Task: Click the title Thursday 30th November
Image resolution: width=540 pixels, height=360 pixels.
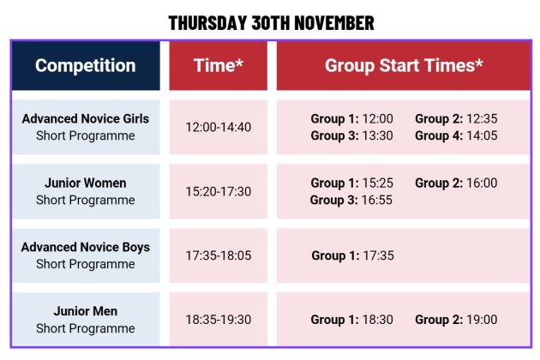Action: (x=271, y=23)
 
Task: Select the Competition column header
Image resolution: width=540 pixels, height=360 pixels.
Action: (x=86, y=66)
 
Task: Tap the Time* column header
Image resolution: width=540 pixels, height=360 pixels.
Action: (x=218, y=66)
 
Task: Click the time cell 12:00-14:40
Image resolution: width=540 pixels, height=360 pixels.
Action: (x=218, y=127)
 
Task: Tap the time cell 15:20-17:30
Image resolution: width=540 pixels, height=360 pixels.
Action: (x=218, y=191)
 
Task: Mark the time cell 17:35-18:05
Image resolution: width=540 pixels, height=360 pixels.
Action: (x=218, y=255)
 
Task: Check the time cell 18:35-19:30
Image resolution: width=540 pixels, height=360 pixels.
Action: (x=218, y=320)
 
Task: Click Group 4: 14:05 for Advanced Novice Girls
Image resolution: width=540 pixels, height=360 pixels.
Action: (x=456, y=135)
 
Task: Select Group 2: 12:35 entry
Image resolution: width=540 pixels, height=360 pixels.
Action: (x=456, y=118)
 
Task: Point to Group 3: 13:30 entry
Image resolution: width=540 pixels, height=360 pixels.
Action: (x=351, y=135)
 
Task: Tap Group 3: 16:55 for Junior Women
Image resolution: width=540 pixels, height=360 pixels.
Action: (x=351, y=200)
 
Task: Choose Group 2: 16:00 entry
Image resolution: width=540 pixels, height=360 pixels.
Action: (x=456, y=183)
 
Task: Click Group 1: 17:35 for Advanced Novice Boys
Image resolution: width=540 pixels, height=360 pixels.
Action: (x=352, y=255)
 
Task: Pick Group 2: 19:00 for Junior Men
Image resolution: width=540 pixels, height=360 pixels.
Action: (x=456, y=320)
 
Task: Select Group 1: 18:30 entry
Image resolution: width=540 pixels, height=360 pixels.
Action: (x=351, y=320)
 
